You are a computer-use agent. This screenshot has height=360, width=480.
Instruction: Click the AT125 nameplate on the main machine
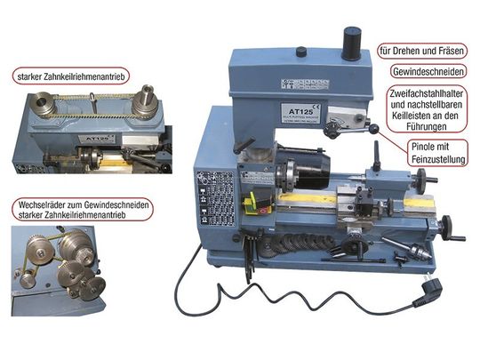pyautogui.click(x=300, y=112)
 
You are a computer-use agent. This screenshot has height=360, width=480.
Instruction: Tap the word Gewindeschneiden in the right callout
pyautogui.click(x=428, y=72)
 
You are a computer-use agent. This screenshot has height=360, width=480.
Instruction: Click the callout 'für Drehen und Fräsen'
pyautogui.click(x=422, y=51)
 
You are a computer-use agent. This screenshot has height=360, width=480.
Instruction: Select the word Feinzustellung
pyautogui.click(x=438, y=159)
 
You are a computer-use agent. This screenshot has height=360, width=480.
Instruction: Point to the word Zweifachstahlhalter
pyautogui.click(x=427, y=93)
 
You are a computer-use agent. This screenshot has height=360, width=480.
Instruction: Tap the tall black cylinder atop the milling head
pyautogui.click(x=351, y=44)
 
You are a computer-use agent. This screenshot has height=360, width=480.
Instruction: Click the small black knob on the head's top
pyautogui.click(x=301, y=52)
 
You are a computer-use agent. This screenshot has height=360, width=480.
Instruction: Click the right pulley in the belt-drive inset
pyautogui.click(x=145, y=103)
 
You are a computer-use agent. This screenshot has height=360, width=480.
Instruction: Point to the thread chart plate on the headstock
pyautogui.click(x=215, y=199)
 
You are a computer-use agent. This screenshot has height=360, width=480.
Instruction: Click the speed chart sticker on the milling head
pyautogui.click(x=305, y=84)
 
